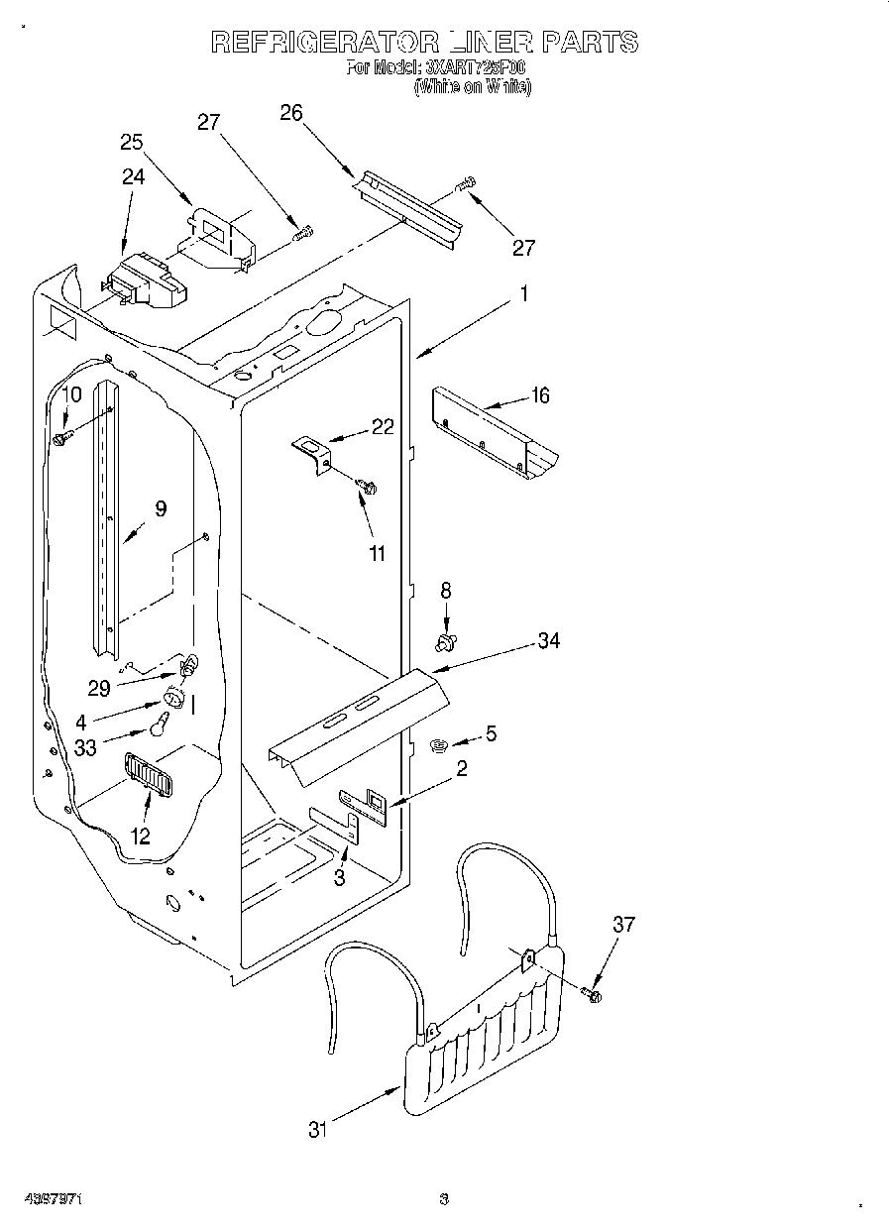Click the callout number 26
coord(290,113)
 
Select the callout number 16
coord(539,396)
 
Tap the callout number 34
coord(548,641)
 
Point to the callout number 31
coord(316,1129)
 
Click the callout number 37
coord(622,926)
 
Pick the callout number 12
coord(141,837)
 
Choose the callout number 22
coord(383,427)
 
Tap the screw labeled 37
coord(593,993)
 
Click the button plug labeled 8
coord(446,643)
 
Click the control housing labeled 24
coord(144,281)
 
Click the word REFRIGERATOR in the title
coord(326,42)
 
